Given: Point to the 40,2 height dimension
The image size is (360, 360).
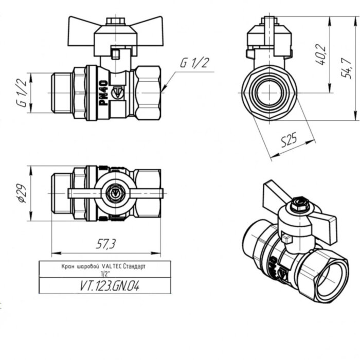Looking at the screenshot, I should click(x=321, y=55).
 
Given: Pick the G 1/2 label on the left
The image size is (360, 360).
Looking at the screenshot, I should click(x=21, y=93).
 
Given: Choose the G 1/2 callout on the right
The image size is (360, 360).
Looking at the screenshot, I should click(x=195, y=63).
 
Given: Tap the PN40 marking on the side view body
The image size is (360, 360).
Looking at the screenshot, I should click(x=102, y=93).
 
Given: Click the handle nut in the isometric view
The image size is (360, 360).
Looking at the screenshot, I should click(x=298, y=206).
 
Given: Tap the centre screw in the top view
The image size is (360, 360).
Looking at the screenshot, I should click(x=116, y=193).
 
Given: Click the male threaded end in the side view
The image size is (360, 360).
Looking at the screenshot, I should click(x=62, y=93).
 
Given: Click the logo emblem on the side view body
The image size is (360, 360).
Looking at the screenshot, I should click(x=118, y=93).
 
